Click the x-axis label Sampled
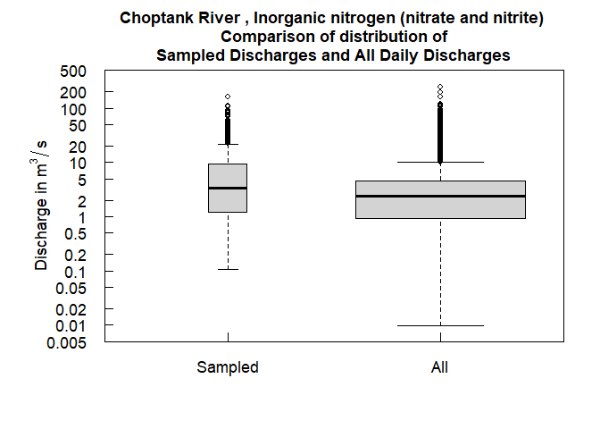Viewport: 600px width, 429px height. coord(228,367)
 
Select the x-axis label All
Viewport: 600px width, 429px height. coord(440,367)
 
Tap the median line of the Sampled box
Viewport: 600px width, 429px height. coord(228,188)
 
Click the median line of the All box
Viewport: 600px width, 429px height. coord(440,196)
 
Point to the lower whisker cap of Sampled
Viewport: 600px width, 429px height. coord(228,269)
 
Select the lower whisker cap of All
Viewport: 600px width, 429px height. coord(440,325)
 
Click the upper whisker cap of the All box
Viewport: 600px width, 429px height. coord(440,162)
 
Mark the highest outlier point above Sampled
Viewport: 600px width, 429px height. coord(228,97)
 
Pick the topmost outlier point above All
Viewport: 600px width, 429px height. coord(440,87)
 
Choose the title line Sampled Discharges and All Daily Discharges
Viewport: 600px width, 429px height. coord(333,55)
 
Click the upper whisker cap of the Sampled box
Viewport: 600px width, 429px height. coord(228,144)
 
